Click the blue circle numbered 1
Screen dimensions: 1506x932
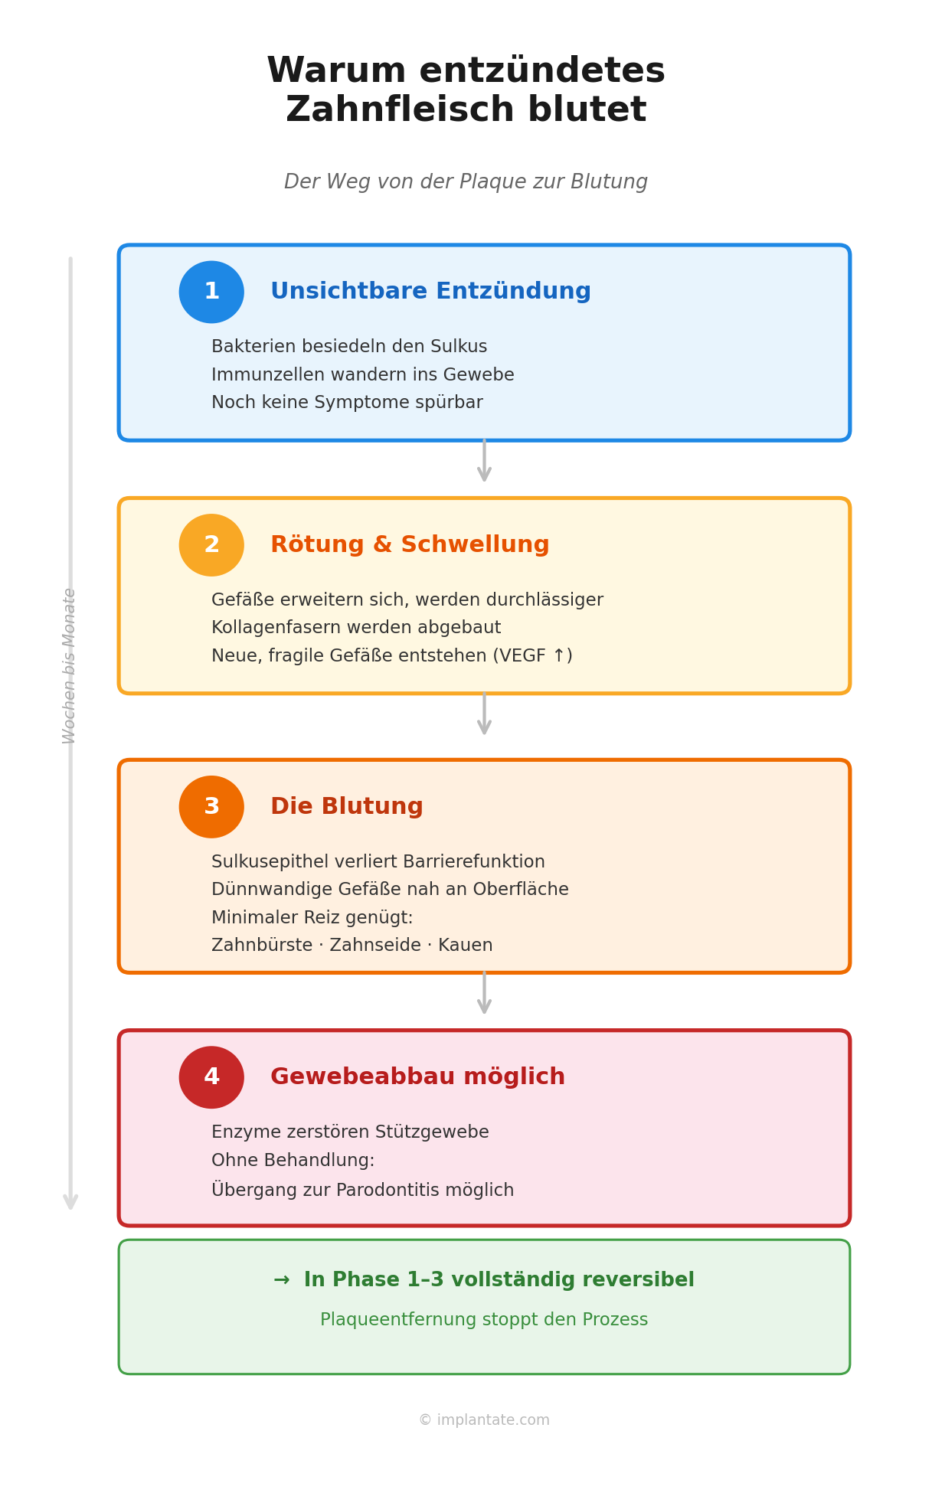(x=211, y=292)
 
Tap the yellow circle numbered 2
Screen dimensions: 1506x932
(x=211, y=545)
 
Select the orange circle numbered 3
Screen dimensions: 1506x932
(x=211, y=807)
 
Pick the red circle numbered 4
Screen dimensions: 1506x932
(x=211, y=1077)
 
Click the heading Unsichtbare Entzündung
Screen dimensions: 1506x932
(x=430, y=292)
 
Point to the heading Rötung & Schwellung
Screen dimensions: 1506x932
(x=410, y=545)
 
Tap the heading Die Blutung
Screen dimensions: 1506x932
(x=346, y=807)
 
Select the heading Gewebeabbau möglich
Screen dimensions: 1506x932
(x=417, y=1077)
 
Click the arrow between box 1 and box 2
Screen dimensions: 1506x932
(x=484, y=461)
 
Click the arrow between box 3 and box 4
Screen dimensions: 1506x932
(x=484, y=993)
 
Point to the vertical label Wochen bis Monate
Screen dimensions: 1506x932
(x=70, y=665)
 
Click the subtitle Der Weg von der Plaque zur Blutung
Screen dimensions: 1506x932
(x=466, y=182)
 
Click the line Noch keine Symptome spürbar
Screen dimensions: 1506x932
(x=347, y=403)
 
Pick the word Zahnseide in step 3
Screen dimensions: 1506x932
(x=375, y=946)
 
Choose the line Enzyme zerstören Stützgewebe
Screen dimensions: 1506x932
(x=350, y=1132)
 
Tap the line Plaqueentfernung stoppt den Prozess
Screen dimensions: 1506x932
(x=484, y=1320)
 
